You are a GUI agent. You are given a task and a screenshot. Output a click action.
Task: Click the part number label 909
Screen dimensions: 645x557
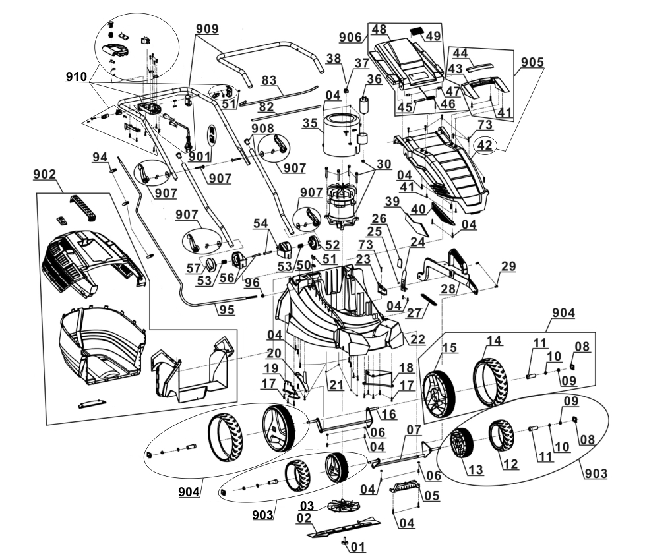(x=207, y=29)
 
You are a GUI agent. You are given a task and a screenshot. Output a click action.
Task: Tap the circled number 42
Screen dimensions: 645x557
(x=485, y=145)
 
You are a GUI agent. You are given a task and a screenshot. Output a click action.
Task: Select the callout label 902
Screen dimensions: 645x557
(x=44, y=174)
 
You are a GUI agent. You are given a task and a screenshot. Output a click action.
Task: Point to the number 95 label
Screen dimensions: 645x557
(x=227, y=310)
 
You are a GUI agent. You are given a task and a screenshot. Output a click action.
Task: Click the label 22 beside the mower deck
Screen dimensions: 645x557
(x=417, y=339)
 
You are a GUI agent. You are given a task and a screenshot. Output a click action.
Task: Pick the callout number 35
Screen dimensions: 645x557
(x=311, y=123)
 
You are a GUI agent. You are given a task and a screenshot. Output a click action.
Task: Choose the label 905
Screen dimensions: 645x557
(x=532, y=62)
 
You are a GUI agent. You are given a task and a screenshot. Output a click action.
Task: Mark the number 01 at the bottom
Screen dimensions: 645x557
(x=358, y=547)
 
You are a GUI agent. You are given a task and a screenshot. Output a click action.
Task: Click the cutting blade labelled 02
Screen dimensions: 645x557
(x=344, y=527)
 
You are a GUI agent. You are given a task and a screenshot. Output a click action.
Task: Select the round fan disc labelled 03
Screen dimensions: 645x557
(x=344, y=506)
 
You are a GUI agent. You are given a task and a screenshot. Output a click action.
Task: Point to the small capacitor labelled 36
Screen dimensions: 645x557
(x=365, y=105)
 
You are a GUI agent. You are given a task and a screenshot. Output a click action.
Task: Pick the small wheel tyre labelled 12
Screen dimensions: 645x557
(x=501, y=435)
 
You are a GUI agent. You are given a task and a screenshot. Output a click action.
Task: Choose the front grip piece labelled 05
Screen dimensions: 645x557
(x=405, y=486)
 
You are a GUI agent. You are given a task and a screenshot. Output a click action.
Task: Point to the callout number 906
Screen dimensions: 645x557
(x=350, y=38)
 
